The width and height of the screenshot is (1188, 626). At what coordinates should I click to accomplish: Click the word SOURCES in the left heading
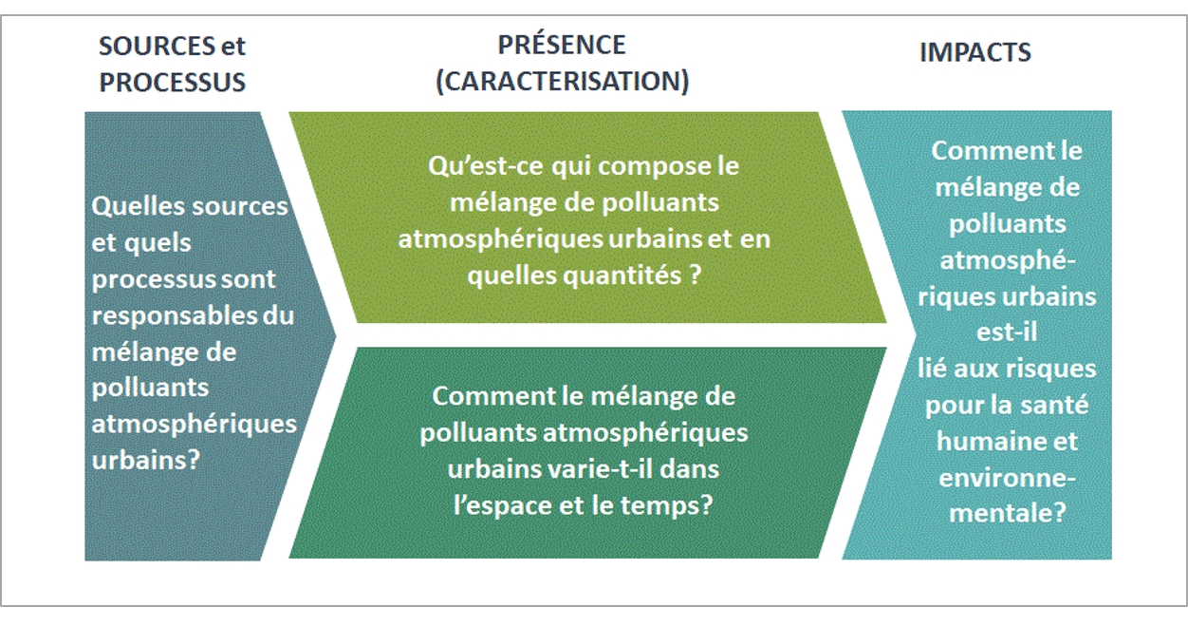(x=157, y=47)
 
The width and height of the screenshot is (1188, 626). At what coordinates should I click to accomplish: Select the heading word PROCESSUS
(x=173, y=83)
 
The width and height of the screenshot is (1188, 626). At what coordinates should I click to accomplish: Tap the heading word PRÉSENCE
(x=562, y=44)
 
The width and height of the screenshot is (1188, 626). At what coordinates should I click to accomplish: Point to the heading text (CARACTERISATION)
(x=562, y=82)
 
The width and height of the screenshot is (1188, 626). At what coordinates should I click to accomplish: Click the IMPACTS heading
(x=975, y=52)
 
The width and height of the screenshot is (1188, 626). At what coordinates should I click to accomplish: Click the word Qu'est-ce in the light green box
(x=485, y=166)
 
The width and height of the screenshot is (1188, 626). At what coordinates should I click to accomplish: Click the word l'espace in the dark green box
(x=503, y=505)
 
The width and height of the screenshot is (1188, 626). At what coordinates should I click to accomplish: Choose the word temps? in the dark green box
(x=666, y=505)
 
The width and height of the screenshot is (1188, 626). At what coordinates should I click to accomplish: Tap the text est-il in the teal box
(x=1007, y=332)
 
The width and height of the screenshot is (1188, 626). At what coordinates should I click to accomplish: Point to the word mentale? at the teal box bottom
(x=1007, y=514)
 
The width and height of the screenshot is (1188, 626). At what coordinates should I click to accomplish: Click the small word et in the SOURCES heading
(x=232, y=47)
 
